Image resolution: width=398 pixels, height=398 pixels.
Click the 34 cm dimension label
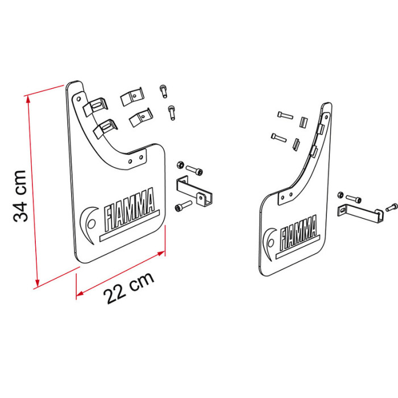20,196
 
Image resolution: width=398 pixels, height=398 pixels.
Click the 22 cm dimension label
128,288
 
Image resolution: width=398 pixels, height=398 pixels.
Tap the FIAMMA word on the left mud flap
130,209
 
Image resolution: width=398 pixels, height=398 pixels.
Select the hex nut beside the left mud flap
180,165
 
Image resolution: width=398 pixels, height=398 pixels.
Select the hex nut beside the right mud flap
341,195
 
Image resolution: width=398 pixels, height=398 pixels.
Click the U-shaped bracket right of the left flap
194,191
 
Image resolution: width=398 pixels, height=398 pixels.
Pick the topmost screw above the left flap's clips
163,91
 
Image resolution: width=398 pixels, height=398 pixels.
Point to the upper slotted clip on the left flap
96,106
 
